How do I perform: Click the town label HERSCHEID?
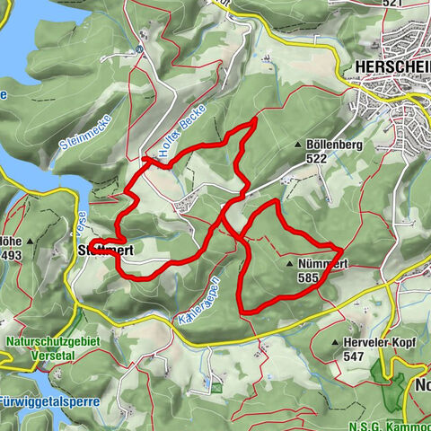click(x=392, y=67)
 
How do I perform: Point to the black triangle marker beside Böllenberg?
click(x=298, y=144)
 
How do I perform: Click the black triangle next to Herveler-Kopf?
click(x=333, y=343)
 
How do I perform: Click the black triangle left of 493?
click(x=30, y=242)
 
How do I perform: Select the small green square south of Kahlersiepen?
click(x=215, y=387)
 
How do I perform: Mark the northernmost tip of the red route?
click(x=256, y=119)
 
